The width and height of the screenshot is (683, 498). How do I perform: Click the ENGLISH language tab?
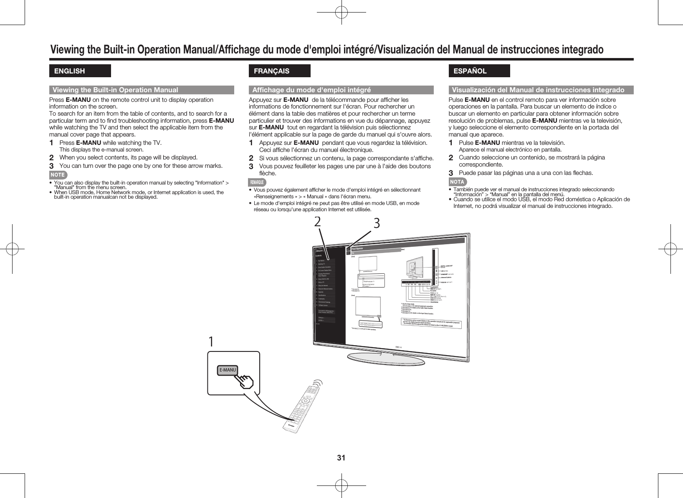pyautogui.click(x=80, y=71)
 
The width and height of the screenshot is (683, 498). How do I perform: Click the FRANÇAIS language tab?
pyautogui.click(x=279, y=71)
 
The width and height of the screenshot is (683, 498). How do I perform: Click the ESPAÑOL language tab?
pyautogui.click(x=478, y=71)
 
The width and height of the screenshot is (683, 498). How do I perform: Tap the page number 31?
pyautogui.click(x=341, y=458)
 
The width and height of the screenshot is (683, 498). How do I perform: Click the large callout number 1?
pyautogui.click(x=211, y=341)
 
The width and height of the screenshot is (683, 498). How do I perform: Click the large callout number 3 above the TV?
pyautogui.click(x=377, y=223)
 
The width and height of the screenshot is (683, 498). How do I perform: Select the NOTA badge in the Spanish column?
pyautogui.click(x=457, y=182)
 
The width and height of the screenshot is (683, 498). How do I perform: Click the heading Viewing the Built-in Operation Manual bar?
pyautogui.click(x=142, y=90)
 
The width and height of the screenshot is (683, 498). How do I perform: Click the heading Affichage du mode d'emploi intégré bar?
pyautogui.click(x=341, y=90)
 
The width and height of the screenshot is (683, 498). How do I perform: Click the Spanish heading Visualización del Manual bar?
pyautogui.click(x=541, y=90)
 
